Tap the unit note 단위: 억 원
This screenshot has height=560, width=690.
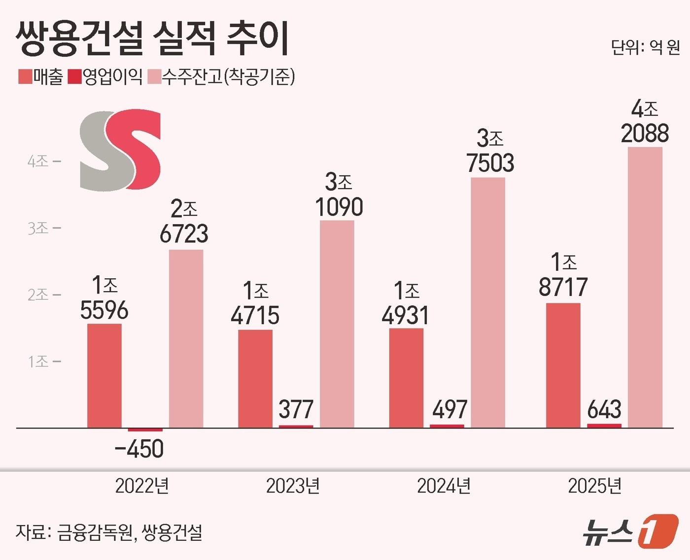tap(645, 47)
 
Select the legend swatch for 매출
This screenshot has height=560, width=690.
tap(25, 77)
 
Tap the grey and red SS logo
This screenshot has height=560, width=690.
tap(120, 150)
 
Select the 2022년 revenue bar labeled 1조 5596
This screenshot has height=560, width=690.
tap(104, 375)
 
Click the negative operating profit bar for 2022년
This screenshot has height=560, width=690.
tap(145, 430)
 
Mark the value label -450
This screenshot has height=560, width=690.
tap(139, 449)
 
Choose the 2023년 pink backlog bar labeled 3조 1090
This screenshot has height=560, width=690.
tap(337, 324)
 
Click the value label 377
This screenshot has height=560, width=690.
tap(296, 409)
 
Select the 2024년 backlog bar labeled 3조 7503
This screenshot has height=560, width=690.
tap(487, 302)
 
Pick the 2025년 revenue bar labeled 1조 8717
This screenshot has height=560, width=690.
tap(563, 365)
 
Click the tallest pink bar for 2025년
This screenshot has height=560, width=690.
tap(645, 287)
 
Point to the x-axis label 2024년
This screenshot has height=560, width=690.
tap(444, 486)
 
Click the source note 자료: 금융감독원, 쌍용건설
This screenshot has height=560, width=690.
tap(109, 532)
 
